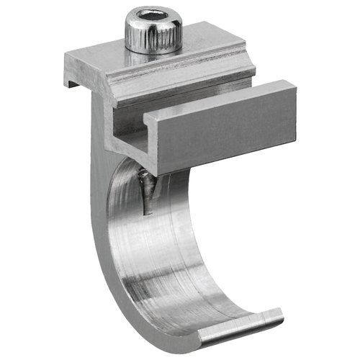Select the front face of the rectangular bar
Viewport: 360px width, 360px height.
[223, 137]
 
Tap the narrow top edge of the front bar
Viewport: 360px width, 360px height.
[216, 101]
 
